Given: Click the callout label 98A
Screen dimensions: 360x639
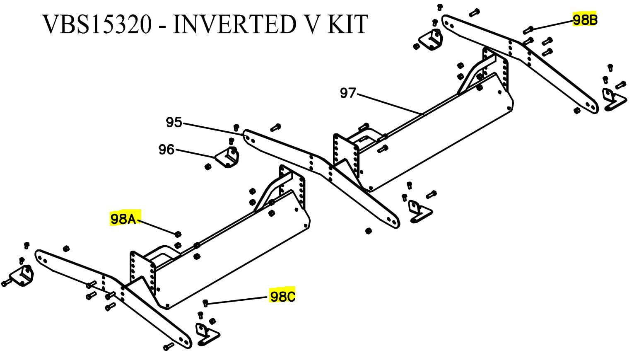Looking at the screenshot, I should point(123,218).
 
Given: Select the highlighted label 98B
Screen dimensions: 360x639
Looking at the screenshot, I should point(585,19).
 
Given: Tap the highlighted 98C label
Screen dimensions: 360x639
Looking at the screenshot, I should point(282,296).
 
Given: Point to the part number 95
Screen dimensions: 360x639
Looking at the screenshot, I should point(174,122).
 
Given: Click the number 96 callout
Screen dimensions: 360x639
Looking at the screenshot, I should point(166,149).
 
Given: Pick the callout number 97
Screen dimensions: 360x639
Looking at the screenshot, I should point(348,93).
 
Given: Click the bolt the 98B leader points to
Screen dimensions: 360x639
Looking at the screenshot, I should point(528,29).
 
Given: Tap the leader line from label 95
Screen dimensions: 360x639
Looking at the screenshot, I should point(211,129).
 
